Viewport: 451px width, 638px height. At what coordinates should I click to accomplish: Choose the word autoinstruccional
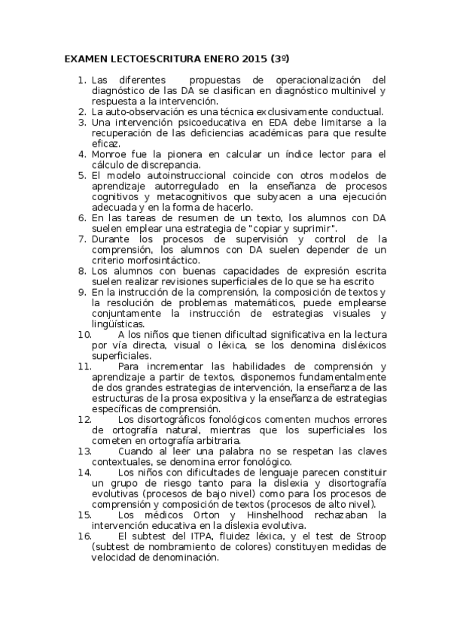[189, 175]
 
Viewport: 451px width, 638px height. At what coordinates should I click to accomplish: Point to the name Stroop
[369, 536]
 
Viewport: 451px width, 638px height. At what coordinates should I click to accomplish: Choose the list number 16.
[84, 536]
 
